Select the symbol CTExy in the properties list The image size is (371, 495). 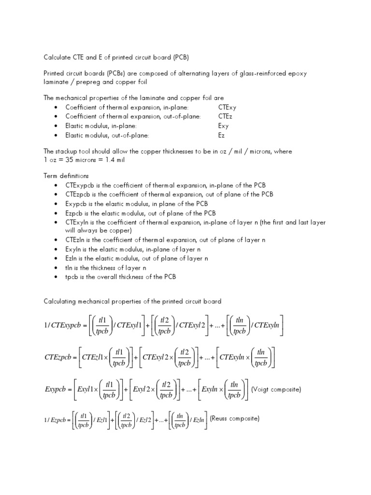coord(228,107)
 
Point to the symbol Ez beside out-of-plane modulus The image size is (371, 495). coord(222,135)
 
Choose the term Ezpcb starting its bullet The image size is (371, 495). coord(75,213)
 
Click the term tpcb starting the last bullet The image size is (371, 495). coord(72,277)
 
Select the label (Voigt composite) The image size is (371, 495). coord(276,390)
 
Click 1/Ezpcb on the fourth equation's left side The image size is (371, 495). coord(54,420)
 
